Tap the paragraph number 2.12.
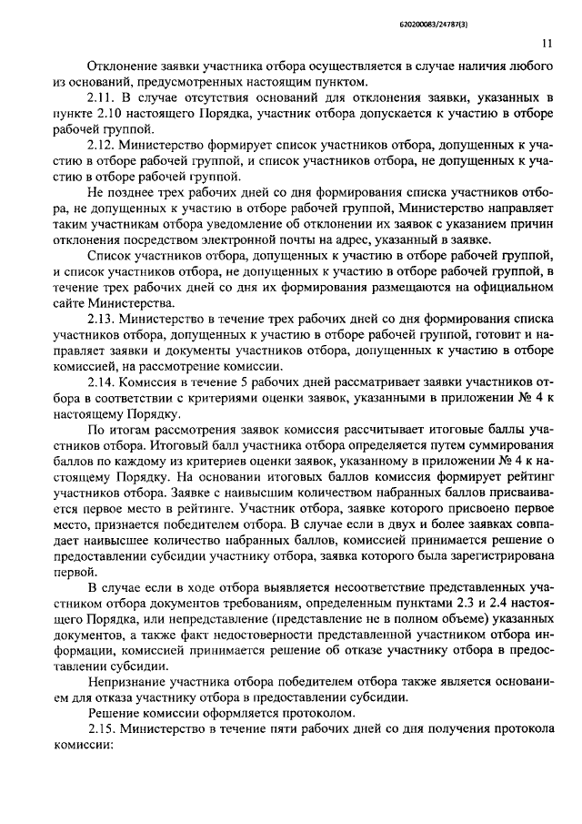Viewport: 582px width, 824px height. tap(101, 145)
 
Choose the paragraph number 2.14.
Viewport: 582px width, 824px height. tap(101, 383)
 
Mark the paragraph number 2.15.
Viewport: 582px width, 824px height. tap(102, 729)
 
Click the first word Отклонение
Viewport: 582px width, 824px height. tap(121, 65)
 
